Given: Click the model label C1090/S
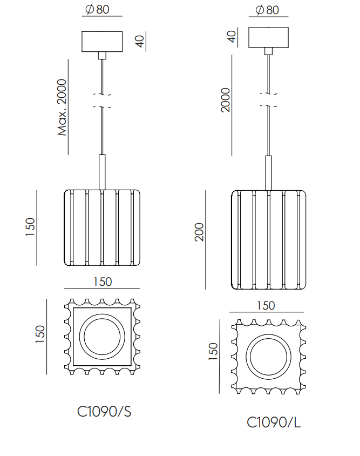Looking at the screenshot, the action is [104, 412].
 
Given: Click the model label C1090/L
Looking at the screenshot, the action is [274, 423].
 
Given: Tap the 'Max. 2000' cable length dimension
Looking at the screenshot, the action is [62, 108].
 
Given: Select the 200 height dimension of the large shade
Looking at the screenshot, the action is [199, 232].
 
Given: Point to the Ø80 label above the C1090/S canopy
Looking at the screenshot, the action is [97, 9].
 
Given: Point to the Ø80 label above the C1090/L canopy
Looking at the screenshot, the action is [267, 10].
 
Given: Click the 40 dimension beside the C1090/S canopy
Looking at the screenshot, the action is [140, 41].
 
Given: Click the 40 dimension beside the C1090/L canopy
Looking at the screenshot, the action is [232, 37].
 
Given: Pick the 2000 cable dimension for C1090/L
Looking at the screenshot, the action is [226, 100].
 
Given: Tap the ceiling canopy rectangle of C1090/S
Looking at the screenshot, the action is [102, 42].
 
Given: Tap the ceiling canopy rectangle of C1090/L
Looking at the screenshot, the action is [268, 37].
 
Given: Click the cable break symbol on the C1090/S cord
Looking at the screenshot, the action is [102, 101].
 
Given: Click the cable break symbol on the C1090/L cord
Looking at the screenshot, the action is [268, 100].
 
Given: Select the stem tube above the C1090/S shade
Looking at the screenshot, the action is [102, 172].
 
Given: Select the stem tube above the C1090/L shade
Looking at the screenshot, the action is [268, 173].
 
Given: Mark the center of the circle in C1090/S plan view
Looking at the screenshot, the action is [102, 337].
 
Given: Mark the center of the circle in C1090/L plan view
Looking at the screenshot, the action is [268, 357].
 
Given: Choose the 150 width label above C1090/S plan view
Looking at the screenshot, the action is [103, 281].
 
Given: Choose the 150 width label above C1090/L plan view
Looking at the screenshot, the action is [266, 305].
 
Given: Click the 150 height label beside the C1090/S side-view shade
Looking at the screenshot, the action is [30, 227].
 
